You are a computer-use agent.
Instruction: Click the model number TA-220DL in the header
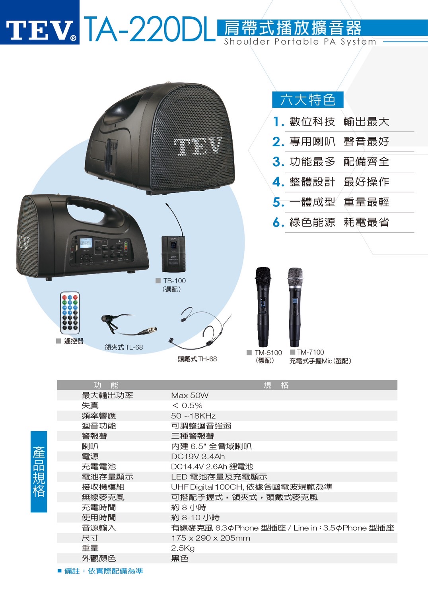pos(150,29)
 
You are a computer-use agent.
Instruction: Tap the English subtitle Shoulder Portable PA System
pos(300,42)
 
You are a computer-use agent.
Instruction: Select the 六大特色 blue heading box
pos(308,100)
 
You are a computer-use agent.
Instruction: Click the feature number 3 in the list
pos(278,162)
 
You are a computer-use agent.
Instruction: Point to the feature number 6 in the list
pos(278,222)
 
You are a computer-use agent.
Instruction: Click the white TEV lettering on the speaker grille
pos(197,146)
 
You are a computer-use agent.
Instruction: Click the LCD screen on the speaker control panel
pos(86,243)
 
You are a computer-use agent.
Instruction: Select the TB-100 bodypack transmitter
pos(173,254)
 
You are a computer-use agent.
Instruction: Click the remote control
pos(70,313)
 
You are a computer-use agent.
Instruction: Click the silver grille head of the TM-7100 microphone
pos(295,277)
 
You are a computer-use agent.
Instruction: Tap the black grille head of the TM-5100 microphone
pos(263,277)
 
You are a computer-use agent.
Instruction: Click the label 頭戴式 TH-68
pos(197,359)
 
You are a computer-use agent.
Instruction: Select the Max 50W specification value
pos(190,396)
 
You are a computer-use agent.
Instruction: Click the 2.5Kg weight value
pos(183,548)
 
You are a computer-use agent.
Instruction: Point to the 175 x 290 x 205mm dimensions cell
pos(210,538)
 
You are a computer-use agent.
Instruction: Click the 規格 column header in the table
pos(276,385)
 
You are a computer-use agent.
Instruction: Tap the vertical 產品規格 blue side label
pos(39,471)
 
